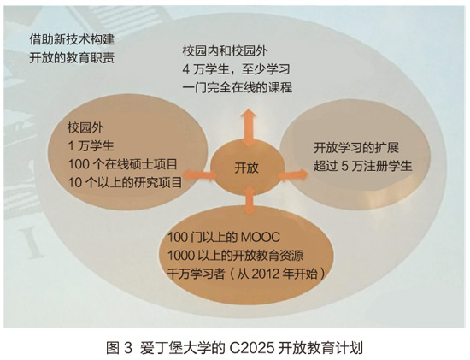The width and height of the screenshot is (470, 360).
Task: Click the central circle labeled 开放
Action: tap(247, 168)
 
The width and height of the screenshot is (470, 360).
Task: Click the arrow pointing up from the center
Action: tap(249, 127)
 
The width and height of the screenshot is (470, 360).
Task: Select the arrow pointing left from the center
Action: tap(200, 174)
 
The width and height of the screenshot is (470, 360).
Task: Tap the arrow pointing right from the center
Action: tap(292, 175)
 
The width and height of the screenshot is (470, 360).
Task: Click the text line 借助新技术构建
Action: tap(72, 39)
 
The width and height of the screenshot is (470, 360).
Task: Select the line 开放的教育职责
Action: tap(72, 58)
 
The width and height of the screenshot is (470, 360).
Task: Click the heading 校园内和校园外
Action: tap(225, 51)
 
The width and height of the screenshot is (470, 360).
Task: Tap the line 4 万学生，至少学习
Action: tap(236, 69)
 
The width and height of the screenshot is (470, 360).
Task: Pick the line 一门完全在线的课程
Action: tap(237, 88)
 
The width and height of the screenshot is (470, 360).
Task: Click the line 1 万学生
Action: tap(91, 146)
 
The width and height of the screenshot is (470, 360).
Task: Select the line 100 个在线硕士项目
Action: tap(122, 164)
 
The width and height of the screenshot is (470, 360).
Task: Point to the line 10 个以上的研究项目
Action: tap(125, 183)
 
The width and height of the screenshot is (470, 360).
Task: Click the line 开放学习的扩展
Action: tap(356, 148)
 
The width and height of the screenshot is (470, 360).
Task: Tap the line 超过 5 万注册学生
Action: tap(363, 166)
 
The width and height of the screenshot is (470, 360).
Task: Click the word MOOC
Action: tap(260, 238)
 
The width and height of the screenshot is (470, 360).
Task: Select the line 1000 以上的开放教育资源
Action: tap(235, 256)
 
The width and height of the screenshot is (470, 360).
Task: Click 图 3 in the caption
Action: tap(119, 348)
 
